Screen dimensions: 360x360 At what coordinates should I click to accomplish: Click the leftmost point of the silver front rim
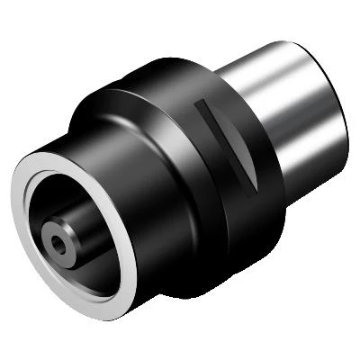tap(13, 225)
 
